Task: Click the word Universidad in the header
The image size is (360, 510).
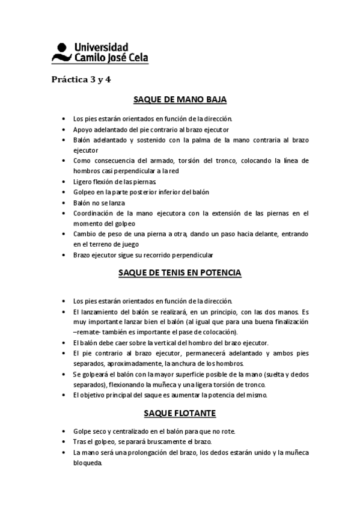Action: [x=100, y=46]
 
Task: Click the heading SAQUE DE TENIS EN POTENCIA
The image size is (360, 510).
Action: [x=179, y=272]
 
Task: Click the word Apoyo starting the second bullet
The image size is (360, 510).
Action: [x=83, y=129]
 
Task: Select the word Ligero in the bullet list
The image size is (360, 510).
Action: [x=83, y=181]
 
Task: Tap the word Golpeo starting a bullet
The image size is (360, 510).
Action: [x=85, y=192]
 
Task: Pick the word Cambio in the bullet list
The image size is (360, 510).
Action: [x=84, y=233]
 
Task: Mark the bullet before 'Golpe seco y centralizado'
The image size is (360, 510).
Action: [x=64, y=431]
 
